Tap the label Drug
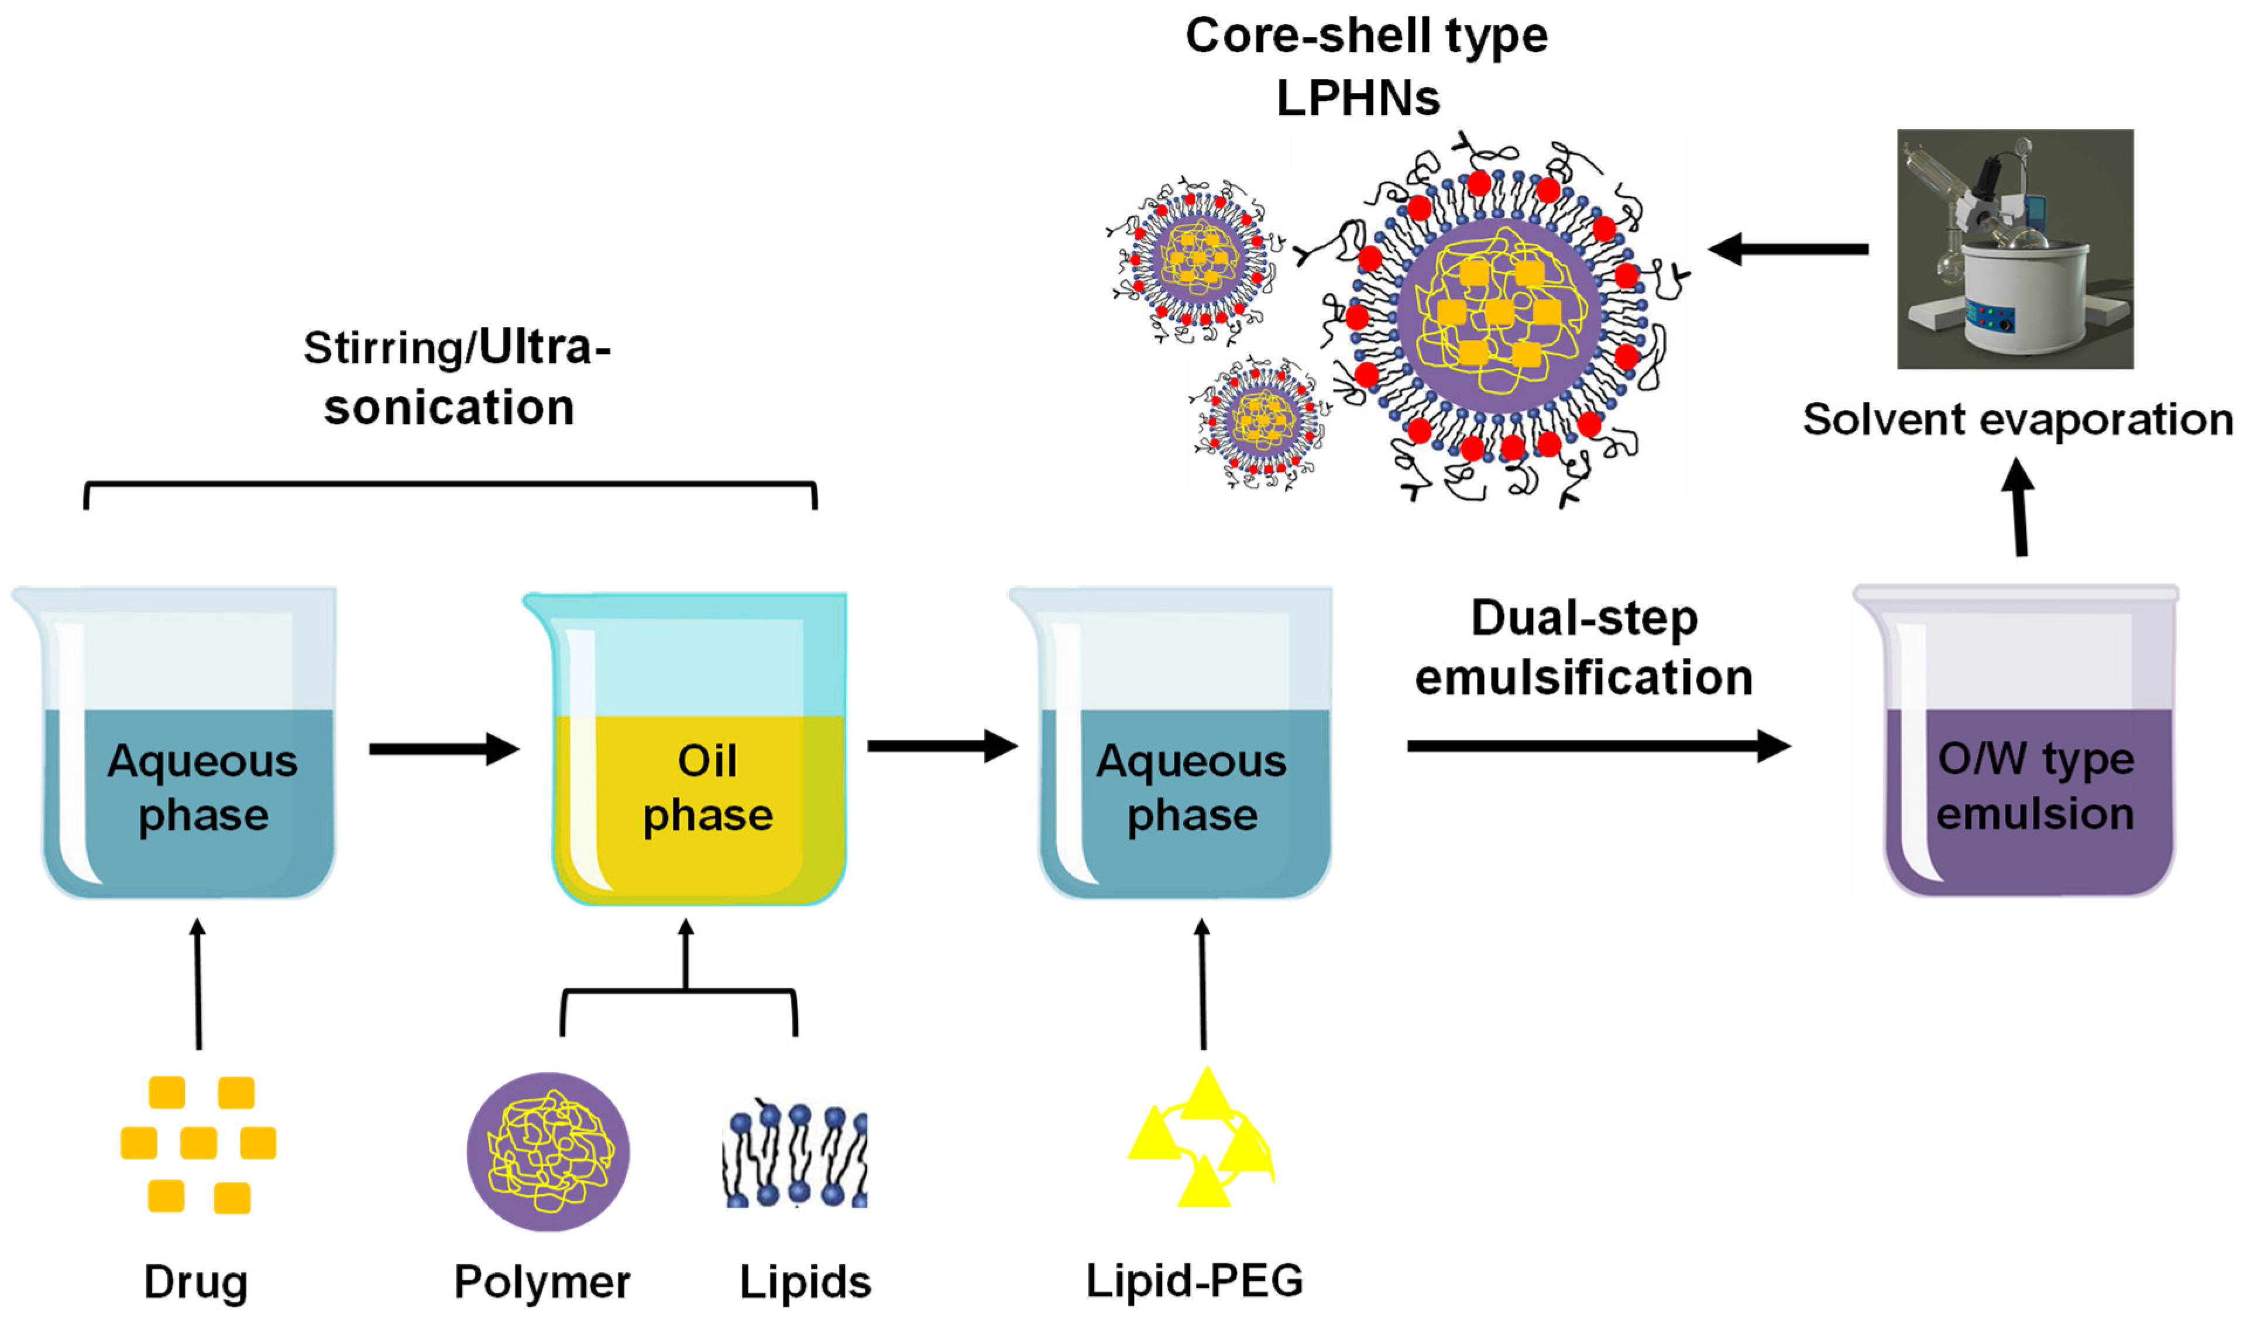pos(196,1282)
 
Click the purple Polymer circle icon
pos(548,1151)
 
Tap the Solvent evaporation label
pos(2017,419)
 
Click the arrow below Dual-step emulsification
pos(1596,745)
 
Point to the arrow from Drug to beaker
pos(198,985)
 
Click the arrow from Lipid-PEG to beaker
pos(1202,985)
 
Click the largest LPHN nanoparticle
pos(1498,316)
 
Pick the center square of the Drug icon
pos(198,1143)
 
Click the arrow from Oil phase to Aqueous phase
pos(942,745)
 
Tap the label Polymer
pos(542,1282)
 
